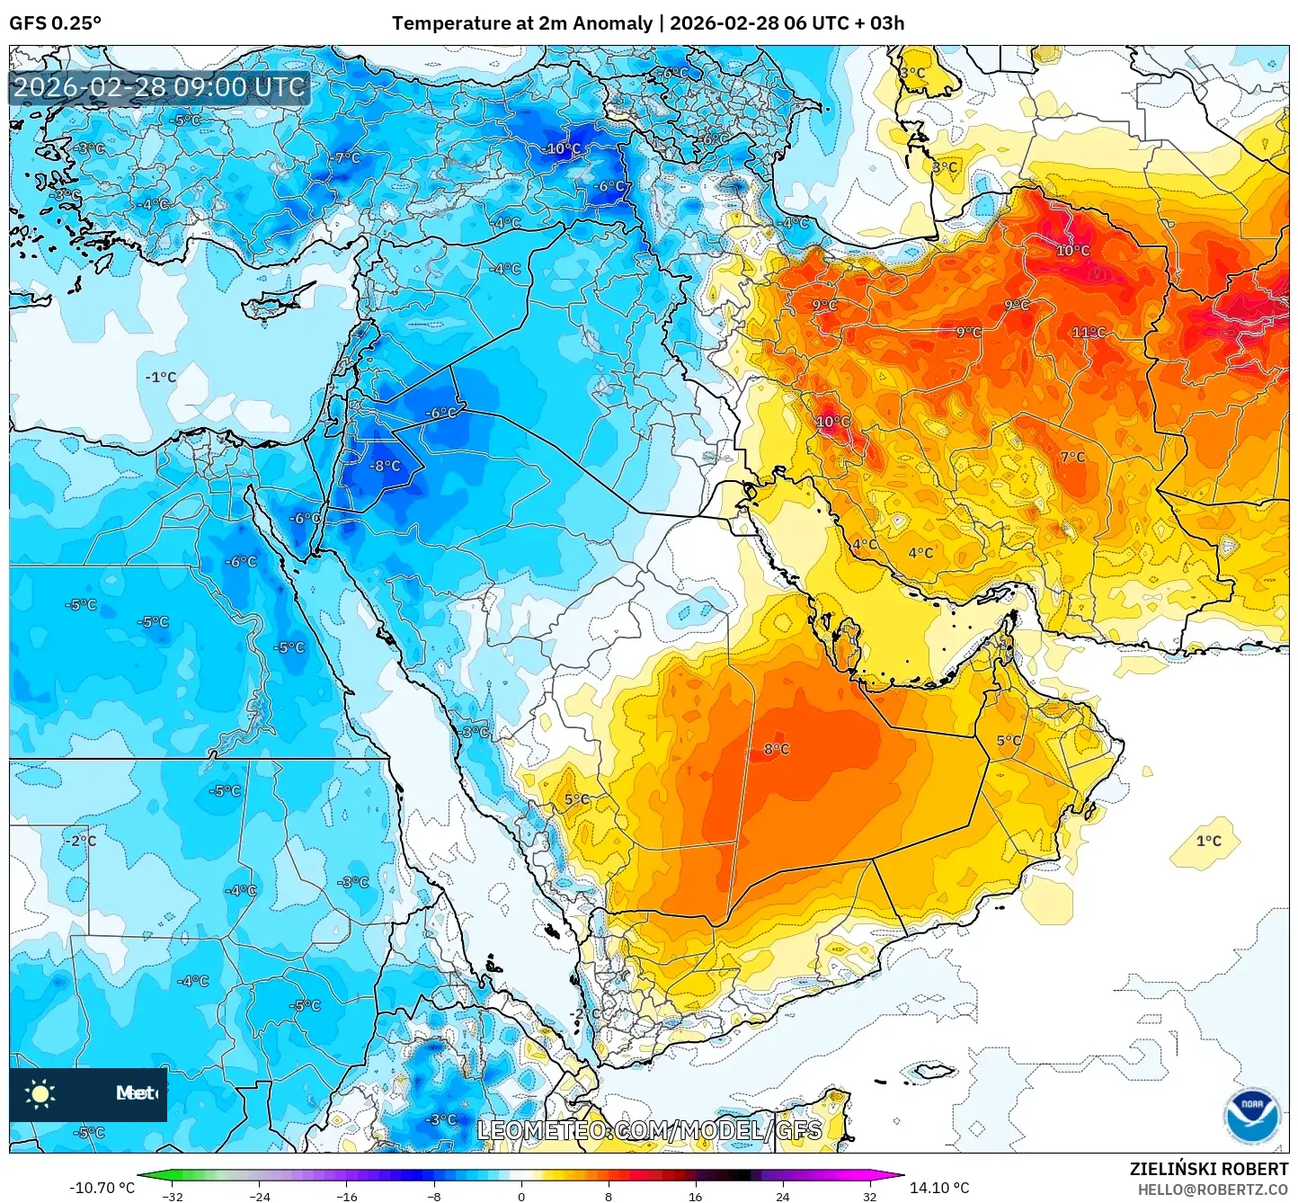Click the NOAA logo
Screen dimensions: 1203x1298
click(1251, 1115)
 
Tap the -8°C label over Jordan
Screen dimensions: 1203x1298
click(387, 466)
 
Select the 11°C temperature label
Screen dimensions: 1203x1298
click(1089, 333)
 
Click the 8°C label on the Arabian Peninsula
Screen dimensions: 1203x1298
click(777, 749)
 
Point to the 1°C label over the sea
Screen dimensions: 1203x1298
click(1208, 842)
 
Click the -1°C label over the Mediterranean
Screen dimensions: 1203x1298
click(161, 377)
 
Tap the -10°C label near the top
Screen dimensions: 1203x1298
click(563, 149)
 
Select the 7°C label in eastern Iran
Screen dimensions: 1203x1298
click(1072, 457)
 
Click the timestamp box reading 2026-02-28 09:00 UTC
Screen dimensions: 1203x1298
click(160, 87)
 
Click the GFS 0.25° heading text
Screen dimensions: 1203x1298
click(55, 22)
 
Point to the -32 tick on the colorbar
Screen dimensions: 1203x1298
click(173, 1196)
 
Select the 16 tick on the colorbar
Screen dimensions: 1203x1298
click(695, 1196)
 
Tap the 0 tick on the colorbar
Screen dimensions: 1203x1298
click(521, 1196)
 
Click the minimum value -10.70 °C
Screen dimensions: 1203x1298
click(102, 1188)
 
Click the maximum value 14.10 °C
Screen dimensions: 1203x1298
click(939, 1188)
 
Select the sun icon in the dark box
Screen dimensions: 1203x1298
click(40, 1093)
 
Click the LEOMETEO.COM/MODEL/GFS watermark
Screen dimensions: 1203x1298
click(649, 1130)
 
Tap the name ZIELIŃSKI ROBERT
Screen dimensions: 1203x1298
click(1209, 1169)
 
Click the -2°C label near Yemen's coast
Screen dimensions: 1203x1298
click(586, 1013)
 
